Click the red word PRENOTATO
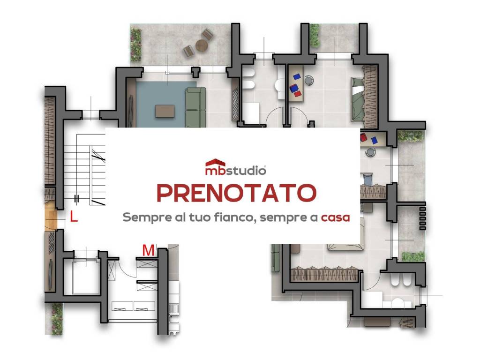coord(236,193)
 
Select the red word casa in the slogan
coord(335,217)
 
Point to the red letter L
coord(74,217)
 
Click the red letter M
coord(148,251)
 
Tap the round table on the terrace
coord(202,45)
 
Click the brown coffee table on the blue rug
coord(165,111)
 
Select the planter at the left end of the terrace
coord(136,42)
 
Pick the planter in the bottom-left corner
coord(57,319)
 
